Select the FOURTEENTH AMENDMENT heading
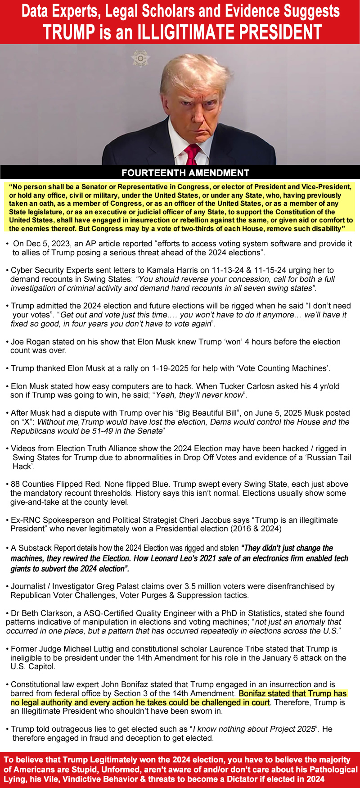click(185, 173)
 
